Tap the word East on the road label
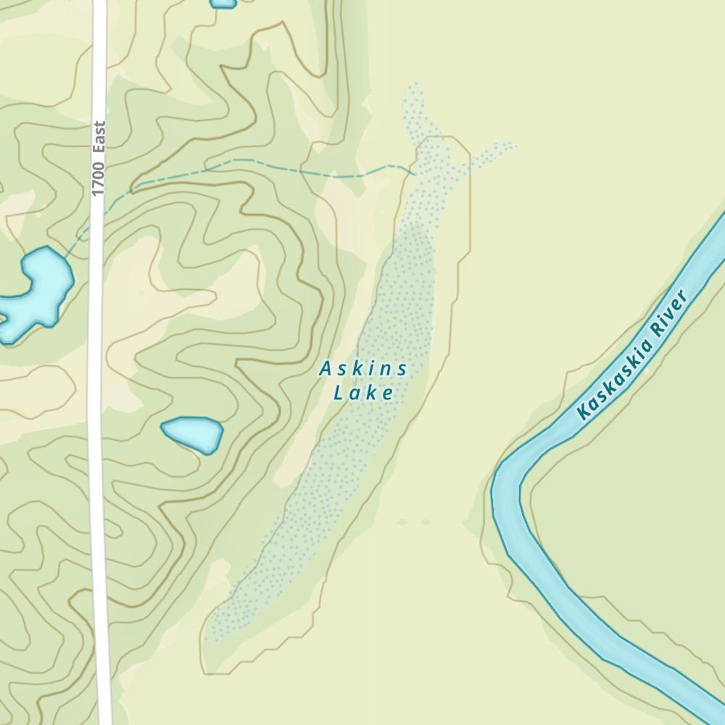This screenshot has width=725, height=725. click(99, 136)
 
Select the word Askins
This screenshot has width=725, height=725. click(363, 370)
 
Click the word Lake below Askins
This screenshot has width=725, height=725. click(363, 394)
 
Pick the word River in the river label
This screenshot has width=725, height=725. click(669, 312)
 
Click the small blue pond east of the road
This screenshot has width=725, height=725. click(192, 434)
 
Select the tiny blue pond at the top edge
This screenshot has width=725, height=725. click(223, 3)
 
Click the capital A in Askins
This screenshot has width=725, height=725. click(325, 370)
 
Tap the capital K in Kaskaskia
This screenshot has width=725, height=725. click(583, 414)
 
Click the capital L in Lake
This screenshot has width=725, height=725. click(338, 394)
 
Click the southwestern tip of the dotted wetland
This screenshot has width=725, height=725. click(209, 638)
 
